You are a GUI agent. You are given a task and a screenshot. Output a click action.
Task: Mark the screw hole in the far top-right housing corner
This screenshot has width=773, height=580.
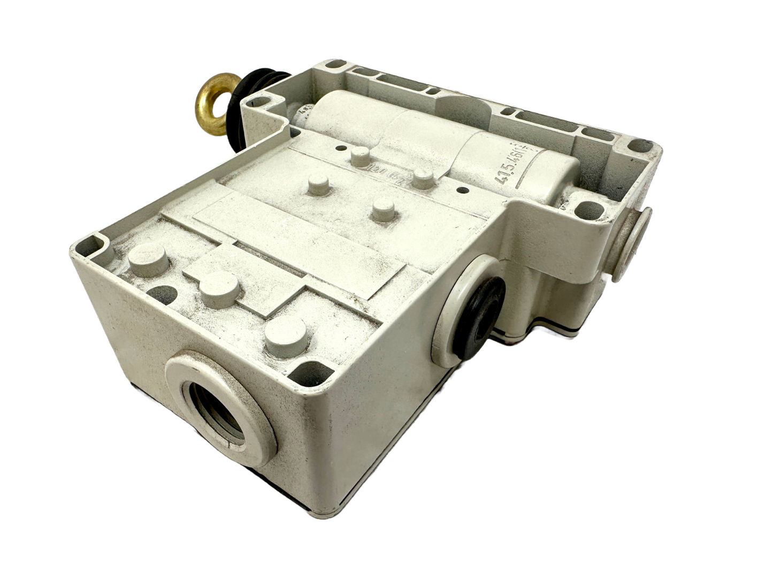[x=639, y=147]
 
